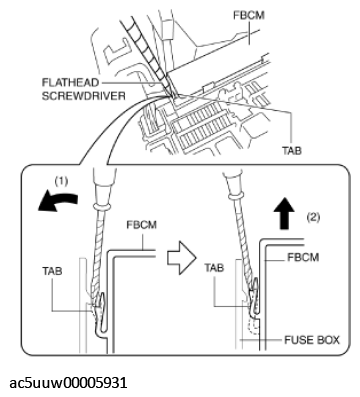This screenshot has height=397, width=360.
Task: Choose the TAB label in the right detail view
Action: coord(214,267)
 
